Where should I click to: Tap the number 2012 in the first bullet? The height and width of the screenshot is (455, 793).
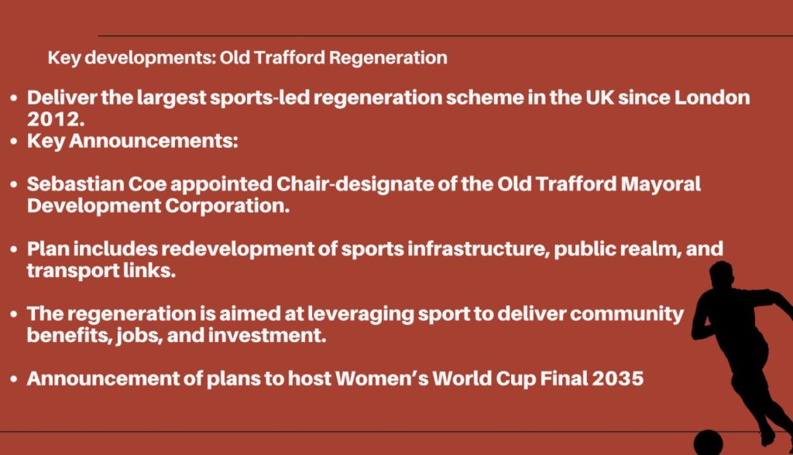[x=56, y=119]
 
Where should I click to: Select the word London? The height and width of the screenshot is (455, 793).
[x=712, y=97]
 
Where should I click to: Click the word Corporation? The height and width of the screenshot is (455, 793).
[x=227, y=207]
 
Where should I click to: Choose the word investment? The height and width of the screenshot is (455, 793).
[x=267, y=336]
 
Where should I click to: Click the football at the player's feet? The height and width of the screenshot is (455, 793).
[x=708, y=443]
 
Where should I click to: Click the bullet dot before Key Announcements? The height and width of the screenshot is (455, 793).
[x=14, y=142]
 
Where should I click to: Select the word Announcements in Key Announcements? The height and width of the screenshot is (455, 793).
[x=153, y=141]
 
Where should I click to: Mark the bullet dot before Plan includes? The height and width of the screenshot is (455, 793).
[x=14, y=250]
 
